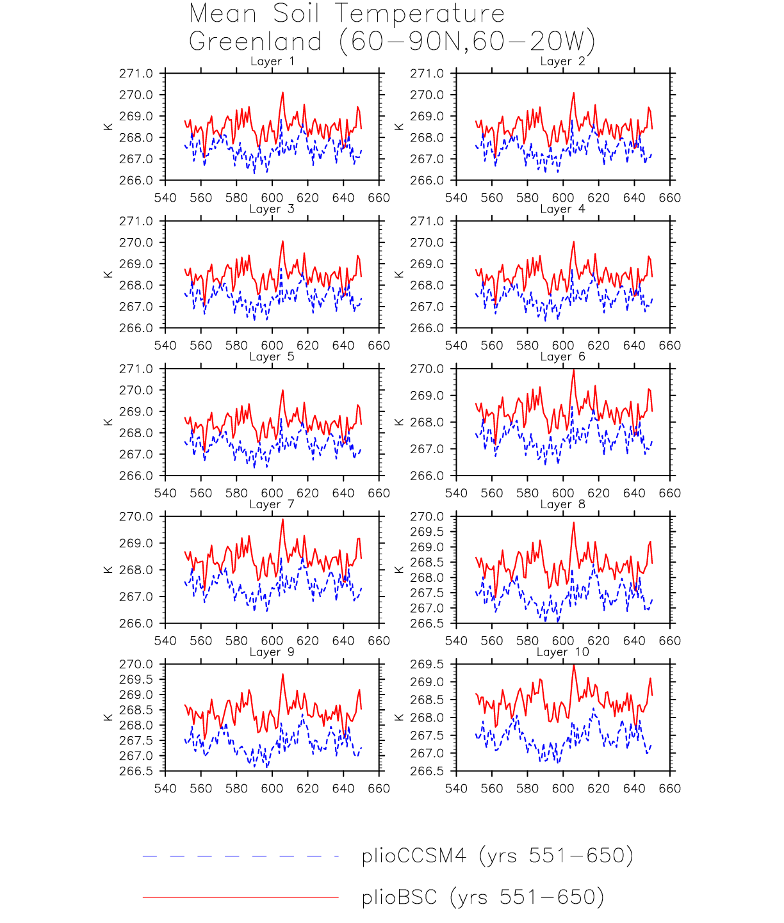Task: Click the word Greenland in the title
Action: (x=256, y=42)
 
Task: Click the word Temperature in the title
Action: (x=420, y=14)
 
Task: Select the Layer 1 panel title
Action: (x=272, y=61)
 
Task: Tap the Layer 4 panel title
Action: (x=562, y=209)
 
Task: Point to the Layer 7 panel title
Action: (x=272, y=505)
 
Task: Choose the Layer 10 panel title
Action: (x=562, y=652)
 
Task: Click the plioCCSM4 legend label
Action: (x=497, y=856)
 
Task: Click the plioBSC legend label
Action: (x=482, y=897)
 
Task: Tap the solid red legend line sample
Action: (x=240, y=897)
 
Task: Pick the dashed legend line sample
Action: (x=240, y=856)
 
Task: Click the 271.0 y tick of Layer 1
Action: (x=136, y=74)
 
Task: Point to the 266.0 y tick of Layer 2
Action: (x=427, y=181)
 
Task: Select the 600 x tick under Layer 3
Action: (x=272, y=346)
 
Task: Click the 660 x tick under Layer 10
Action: (x=670, y=789)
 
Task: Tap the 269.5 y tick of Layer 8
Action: (x=427, y=532)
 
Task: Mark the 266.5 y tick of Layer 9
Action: (x=136, y=771)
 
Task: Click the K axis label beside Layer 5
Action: (x=108, y=422)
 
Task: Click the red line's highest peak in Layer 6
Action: (x=573, y=371)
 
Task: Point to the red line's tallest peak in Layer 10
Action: (x=573, y=666)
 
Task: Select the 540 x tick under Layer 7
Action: (x=165, y=641)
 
